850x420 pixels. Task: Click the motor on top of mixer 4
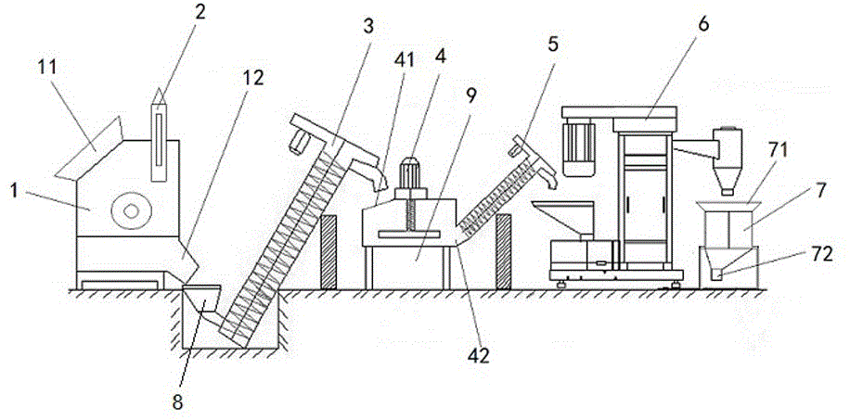click(409, 174)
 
